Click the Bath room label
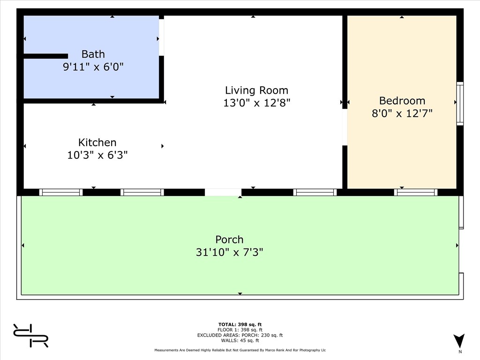[x=93, y=54]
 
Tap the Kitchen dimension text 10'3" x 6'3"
[x=97, y=155]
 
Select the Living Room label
[x=256, y=90]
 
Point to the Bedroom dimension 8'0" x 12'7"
[x=402, y=113]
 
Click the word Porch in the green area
[x=229, y=240]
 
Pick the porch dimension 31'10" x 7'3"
[x=229, y=252]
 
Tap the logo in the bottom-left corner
[x=30, y=336]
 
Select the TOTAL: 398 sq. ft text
[x=240, y=324]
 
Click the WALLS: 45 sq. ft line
[x=240, y=340]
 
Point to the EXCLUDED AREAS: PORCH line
[x=240, y=335]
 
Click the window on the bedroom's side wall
[x=460, y=104]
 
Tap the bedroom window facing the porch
[x=416, y=192]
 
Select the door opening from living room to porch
[x=223, y=192]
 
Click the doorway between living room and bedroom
[x=345, y=127]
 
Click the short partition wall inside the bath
[x=46, y=56]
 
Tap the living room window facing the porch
[x=315, y=192]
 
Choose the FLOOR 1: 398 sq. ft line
[x=240, y=330]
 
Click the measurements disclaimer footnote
[x=240, y=350]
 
